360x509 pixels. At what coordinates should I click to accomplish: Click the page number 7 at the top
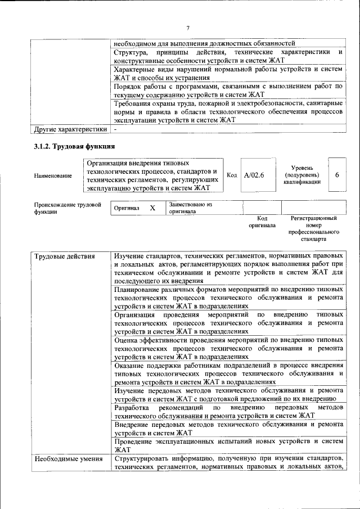tap(188, 28)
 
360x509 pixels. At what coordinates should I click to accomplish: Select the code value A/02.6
tap(254, 175)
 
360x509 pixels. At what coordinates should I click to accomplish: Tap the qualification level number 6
tap(337, 175)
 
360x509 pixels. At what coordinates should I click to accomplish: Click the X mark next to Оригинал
tap(152, 208)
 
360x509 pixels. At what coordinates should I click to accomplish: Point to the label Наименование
tap(53, 175)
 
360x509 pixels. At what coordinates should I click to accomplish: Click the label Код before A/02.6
tap(231, 175)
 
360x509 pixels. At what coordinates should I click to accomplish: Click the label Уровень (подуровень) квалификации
tap(302, 175)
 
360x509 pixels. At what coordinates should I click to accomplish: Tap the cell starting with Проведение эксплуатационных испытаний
tap(227, 445)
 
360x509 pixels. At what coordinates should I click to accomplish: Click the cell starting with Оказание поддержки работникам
tap(227, 373)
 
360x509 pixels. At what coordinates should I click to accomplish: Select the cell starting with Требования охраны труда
tap(227, 111)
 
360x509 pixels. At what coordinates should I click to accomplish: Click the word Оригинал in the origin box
tap(127, 208)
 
